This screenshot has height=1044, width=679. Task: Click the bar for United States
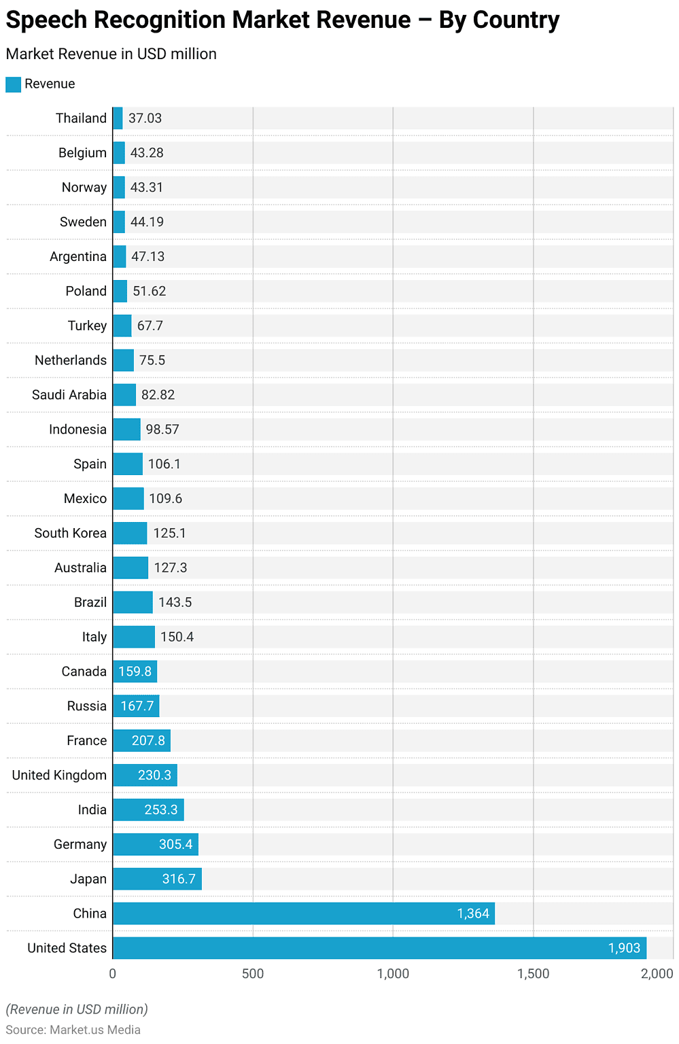pyautogui.click(x=379, y=948)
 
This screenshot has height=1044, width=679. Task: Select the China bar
pyautogui.click(x=303, y=913)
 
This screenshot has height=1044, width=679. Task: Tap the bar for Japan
pyautogui.click(x=157, y=879)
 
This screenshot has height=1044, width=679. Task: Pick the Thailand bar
pyautogui.click(x=118, y=118)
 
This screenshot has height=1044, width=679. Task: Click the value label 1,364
pyautogui.click(x=473, y=913)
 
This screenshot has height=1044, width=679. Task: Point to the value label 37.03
pyautogui.click(x=145, y=118)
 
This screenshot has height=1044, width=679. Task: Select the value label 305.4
pyautogui.click(x=176, y=844)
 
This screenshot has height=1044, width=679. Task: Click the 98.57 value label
pyautogui.click(x=162, y=430)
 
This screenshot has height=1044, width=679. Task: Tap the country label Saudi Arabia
pyautogui.click(x=69, y=395)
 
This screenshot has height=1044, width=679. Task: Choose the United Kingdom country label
pyautogui.click(x=59, y=776)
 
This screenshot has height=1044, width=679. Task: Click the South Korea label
pyautogui.click(x=71, y=534)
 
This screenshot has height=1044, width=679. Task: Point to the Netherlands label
pyautogui.click(x=71, y=360)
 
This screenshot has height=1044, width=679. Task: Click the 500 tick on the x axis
pyautogui.click(x=253, y=974)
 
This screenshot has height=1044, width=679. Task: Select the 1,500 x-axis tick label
pyautogui.click(x=534, y=974)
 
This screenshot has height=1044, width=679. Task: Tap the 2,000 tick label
pyautogui.click(x=657, y=974)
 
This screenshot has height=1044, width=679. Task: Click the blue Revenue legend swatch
pyautogui.click(x=14, y=84)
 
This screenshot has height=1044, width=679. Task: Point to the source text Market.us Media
pyautogui.click(x=95, y=1030)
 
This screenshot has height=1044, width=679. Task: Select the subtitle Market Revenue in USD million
pyautogui.click(x=111, y=54)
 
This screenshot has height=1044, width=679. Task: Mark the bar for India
pyautogui.click(x=148, y=810)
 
